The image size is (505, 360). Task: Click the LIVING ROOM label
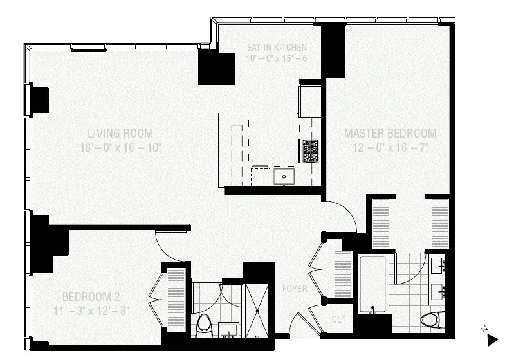coord(120,134)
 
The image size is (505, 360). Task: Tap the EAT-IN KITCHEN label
coord(277,48)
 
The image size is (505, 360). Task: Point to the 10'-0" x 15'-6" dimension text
coord(277,59)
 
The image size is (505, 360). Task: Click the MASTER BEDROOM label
coord(390,134)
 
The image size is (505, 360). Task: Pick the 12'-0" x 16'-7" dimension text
coord(390,147)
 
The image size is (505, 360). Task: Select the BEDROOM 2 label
coord(91,297)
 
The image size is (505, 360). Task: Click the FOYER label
coord(295,289)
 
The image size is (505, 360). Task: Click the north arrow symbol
coord(491,338)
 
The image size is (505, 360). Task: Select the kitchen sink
coord(283,176)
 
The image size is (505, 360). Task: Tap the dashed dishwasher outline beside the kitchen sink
coord(260,176)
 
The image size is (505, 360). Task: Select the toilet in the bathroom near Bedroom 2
coord(204,325)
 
